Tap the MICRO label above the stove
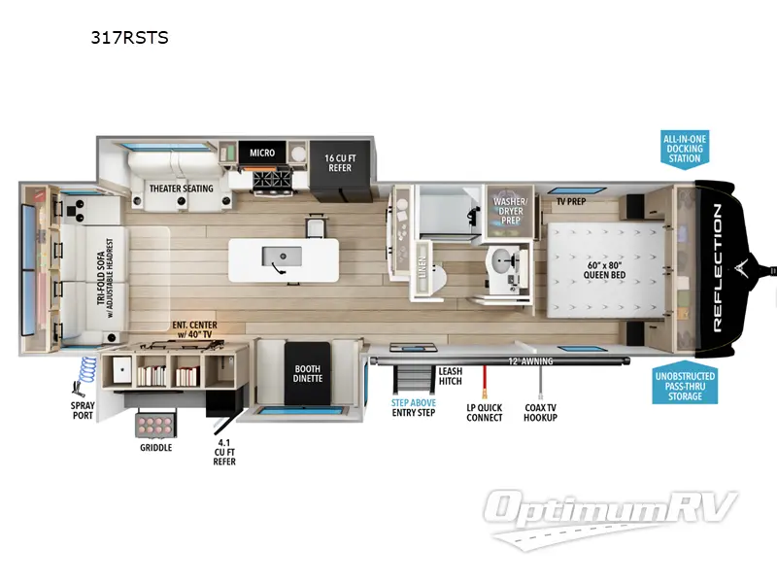click(261, 153)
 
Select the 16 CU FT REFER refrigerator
click(338, 161)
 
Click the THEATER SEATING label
click(181, 189)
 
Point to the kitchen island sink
click(281, 257)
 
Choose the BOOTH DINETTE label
click(308, 373)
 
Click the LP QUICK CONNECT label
click(484, 411)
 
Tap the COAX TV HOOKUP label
click(540, 411)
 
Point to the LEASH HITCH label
click(450, 376)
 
